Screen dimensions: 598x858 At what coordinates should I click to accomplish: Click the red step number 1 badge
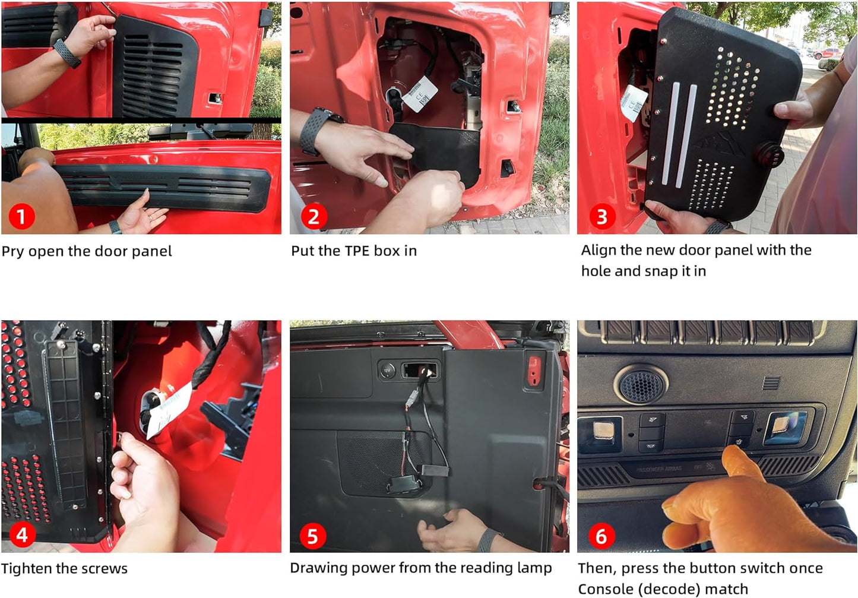[21, 217]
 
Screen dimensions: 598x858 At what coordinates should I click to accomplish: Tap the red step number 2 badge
[314, 217]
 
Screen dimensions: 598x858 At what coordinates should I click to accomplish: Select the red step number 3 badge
[601, 217]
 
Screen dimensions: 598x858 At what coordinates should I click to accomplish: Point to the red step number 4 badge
[21, 535]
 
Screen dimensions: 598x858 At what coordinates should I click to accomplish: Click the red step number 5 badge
[312, 536]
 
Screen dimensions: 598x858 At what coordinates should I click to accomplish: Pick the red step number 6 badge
[601, 536]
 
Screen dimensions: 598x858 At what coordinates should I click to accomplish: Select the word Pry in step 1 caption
[12, 252]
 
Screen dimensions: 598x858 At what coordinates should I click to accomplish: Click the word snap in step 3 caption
[661, 271]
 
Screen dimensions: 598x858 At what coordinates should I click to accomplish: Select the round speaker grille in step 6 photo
[641, 384]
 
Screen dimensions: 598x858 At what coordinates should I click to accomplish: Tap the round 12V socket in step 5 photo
[387, 371]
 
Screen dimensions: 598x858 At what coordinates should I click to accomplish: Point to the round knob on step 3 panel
[772, 156]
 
